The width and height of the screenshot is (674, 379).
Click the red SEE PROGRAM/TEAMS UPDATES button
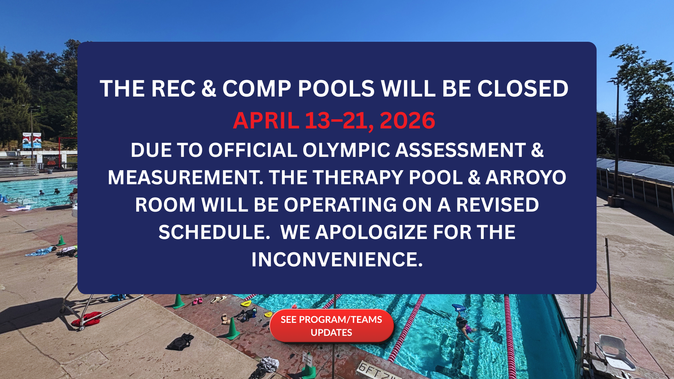[331, 326]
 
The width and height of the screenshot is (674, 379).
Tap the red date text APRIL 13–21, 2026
[334, 121]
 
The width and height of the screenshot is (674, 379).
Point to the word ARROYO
[526, 178]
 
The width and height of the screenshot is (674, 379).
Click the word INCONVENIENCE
[337, 260]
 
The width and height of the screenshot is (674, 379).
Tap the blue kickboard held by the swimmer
[459, 308]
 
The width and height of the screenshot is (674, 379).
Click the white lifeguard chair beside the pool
[614, 353]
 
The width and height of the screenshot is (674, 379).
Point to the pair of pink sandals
[197, 301]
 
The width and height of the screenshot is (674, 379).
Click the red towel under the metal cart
[86, 319]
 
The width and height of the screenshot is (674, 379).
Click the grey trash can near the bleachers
[50, 171]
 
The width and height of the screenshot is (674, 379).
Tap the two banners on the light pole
[32, 140]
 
